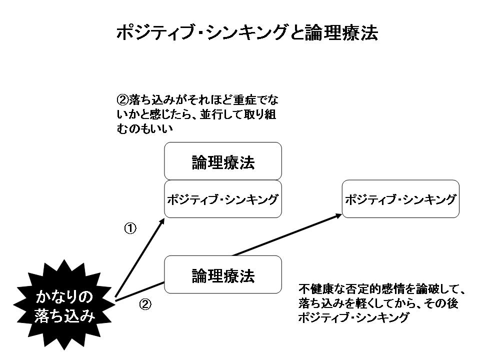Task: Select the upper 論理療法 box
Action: pos(223,161)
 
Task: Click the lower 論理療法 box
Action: pos(223,274)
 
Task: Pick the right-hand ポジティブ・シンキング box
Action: pos(400,199)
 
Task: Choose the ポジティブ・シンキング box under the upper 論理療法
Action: pos(223,199)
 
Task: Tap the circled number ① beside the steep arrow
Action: pos(130,228)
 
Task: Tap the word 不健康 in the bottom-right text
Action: pos(315,289)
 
